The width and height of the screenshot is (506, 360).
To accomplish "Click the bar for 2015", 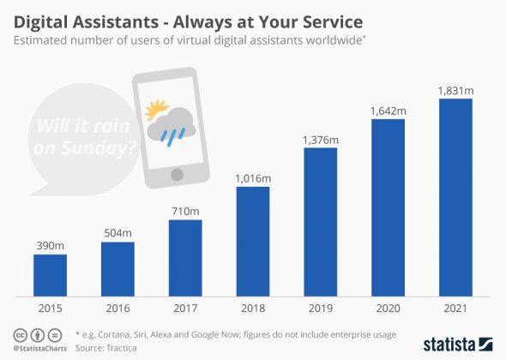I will (x=50, y=274).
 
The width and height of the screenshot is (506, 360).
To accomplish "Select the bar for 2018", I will (x=253, y=240).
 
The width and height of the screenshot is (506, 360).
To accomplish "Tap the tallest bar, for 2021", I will (x=455, y=196).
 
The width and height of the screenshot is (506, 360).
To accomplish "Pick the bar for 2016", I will (x=117, y=268).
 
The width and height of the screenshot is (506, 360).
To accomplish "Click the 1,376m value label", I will (x=320, y=139).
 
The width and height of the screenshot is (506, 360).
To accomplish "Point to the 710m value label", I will (x=185, y=211).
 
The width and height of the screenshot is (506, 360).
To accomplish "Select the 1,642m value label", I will (x=388, y=110).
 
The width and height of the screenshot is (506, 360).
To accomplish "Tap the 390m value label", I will (x=50, y=245).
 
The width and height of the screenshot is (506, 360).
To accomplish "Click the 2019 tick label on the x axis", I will (x=320, y=308).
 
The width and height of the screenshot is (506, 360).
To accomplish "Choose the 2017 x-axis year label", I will (x=185, y=308).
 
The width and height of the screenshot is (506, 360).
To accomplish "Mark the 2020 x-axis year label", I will (x=388, y=308).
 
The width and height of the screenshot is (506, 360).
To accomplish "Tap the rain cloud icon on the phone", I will (x=172, y=126).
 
